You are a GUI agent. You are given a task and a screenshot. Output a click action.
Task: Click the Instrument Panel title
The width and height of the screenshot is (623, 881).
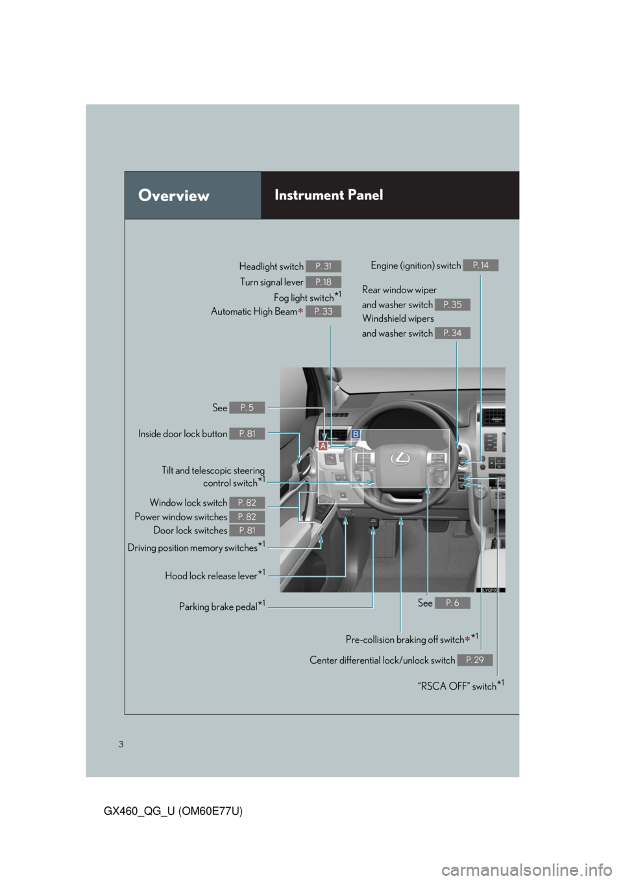click(x=328, y=195)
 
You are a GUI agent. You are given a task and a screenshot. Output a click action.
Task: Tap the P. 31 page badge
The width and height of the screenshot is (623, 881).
click(x=323, y=267)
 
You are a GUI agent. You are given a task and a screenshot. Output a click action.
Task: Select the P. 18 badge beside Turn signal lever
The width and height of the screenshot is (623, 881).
click(x=323, y=282)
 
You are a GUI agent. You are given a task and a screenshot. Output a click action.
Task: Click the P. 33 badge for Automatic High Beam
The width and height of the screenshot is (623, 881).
click(x=323, y=311)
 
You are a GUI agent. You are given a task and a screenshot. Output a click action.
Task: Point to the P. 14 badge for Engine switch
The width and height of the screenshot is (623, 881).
click(x=481, y=265)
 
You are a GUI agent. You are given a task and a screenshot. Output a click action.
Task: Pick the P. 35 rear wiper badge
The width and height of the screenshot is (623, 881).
click(x=452, y=304)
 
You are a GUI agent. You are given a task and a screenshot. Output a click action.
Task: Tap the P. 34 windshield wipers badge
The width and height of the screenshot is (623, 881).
click(x=452, y=333)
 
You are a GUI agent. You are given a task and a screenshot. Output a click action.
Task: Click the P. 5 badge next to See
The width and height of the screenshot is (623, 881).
click(x=247, y=407)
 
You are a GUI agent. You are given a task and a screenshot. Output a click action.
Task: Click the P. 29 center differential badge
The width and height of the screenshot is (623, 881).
click(x=474, y=660)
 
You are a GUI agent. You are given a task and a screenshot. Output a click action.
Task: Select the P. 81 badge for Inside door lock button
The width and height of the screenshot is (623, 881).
click(x=247, y=433)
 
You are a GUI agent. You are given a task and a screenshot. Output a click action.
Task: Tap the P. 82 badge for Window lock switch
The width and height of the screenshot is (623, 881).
click(x=247, y=503)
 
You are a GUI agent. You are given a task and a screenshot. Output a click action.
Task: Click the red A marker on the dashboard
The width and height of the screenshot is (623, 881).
click(x=323, y=446)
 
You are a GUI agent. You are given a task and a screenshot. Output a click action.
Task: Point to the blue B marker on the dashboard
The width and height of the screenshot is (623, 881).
click(x=356, y=433)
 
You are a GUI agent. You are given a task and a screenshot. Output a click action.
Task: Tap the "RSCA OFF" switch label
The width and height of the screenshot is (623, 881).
click(x=460, y=686)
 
